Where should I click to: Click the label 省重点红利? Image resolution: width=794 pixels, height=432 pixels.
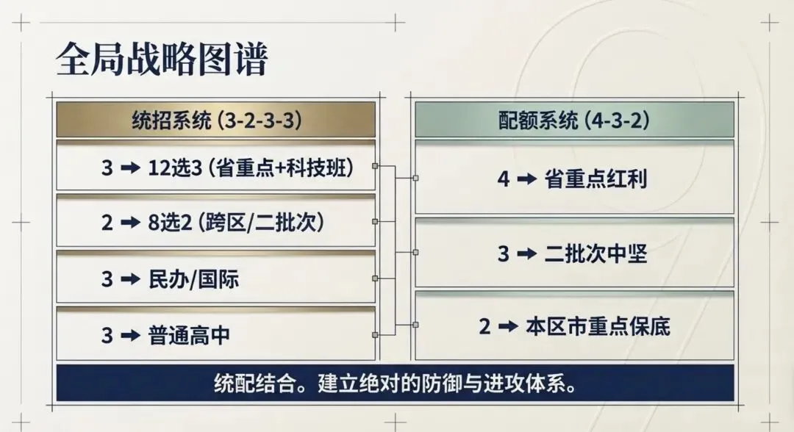595,179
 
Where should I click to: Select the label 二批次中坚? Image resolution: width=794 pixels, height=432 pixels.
595,253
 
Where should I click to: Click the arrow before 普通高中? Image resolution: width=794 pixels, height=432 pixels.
130,336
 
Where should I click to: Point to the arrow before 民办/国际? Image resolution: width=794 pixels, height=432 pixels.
130,279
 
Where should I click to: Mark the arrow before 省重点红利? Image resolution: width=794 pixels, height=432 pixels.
526,179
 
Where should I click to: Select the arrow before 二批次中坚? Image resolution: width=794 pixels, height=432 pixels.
526,253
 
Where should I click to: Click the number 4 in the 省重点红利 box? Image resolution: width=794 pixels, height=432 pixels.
503,179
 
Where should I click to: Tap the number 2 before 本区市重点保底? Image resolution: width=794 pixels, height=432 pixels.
484,326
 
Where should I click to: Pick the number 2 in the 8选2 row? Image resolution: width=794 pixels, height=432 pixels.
107,223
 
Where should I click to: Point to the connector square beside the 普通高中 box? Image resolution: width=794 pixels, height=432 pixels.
375,335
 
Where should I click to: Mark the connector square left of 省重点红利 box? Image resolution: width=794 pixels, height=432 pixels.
415,178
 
